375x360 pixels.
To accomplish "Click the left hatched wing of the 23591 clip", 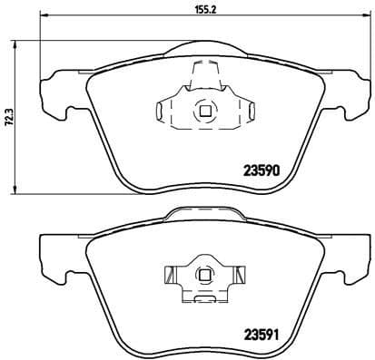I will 171,273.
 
